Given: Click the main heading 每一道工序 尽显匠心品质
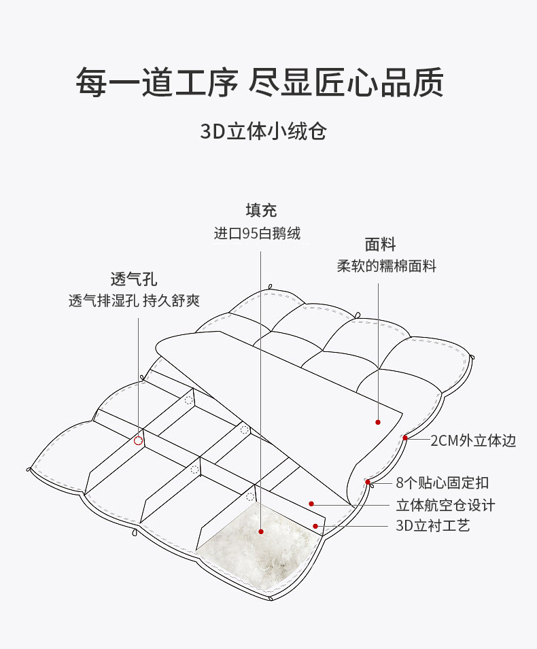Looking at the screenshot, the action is coord(260,82).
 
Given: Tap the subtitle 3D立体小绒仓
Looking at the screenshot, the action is coord(264,131).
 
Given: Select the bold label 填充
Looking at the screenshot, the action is coord(261,210).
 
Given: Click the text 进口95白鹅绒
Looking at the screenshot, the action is coord(257,234).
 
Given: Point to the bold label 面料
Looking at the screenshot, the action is coord(380,244).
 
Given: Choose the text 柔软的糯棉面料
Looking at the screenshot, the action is coord(386,266).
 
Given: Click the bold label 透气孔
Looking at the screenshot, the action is coord(134,279).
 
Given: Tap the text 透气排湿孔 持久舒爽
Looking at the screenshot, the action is coord(134,300).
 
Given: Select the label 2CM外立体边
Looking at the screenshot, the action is coord(473,440).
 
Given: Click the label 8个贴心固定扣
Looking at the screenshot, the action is coord(443,483).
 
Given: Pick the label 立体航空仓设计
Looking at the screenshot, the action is coord(445,505).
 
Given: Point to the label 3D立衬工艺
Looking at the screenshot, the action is coord(433,526).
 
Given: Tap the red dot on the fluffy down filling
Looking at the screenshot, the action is coord(261,531).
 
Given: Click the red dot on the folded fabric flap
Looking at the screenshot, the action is coord(378,422).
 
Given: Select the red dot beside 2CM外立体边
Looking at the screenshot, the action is coord(405,438).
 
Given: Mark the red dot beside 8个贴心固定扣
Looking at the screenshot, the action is coord(368,482).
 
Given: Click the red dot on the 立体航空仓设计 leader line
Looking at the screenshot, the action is coord(311,504).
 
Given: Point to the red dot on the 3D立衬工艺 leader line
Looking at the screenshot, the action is coord(315,526).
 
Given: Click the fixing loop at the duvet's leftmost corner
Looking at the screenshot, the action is coord(29,470).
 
